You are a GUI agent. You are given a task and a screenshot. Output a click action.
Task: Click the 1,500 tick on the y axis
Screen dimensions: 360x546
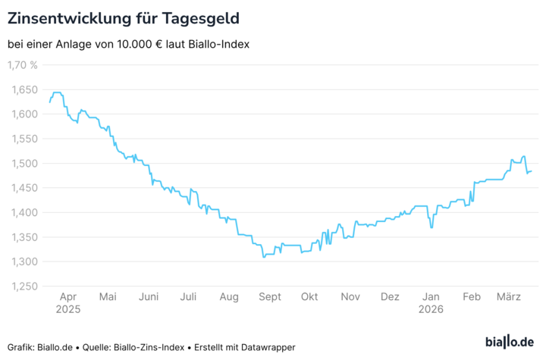coord(24,163)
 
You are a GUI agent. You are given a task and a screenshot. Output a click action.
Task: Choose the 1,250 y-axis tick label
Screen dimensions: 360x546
coord(24,286)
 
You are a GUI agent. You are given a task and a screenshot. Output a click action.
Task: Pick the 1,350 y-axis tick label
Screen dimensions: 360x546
coord(24,236)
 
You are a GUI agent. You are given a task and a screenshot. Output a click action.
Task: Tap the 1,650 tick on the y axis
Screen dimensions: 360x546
coord(24,89)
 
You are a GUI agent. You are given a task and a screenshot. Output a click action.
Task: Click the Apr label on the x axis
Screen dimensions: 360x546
coord(67,297)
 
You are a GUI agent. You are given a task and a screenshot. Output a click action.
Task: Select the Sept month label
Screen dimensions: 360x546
coord(269,297)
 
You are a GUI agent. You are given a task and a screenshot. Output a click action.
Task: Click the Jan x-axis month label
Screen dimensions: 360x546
coord(431,297)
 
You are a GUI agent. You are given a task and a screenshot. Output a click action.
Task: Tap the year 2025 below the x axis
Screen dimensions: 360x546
coord(67,309)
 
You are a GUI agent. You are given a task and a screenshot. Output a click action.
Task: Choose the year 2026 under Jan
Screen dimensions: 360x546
coord(431,309)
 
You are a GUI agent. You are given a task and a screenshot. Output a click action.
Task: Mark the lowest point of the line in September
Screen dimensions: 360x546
coord(264,257)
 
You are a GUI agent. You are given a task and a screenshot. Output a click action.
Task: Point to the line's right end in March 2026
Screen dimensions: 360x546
coord(532,171)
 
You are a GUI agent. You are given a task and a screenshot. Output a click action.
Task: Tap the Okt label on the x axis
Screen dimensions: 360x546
coord(309,297)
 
